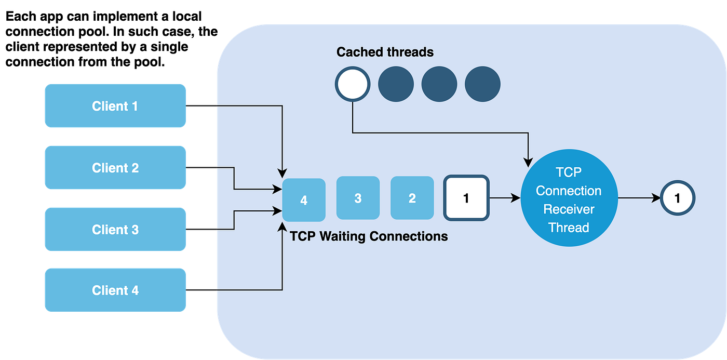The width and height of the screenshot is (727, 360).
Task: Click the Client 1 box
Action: pyautogui.click(x=115, y=106)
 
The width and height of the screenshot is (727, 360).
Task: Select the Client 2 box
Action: pyautogui.click(x=115, y=168)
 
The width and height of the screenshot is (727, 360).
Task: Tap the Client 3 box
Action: pyautogui.click(x=115, y=230)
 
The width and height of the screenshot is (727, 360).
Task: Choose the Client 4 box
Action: pyautogui.click(x=115, y=290)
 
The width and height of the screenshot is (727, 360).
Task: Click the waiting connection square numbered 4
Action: pyautogui.click(x=304, y=200)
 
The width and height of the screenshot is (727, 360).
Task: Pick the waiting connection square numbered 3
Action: pyautogui.click(x=358, y=198)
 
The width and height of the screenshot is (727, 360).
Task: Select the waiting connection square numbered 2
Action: pyautogui.click(x=412, y=198)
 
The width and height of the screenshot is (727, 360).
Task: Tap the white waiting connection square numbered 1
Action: pyautogui.click(x=466, y=198)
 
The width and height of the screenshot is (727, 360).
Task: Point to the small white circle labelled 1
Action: pyautogui.click(x=677, y=198)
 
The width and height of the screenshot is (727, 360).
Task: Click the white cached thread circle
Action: pyautogui.click(x=353, y=84)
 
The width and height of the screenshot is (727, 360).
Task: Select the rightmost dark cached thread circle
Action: pyautogui.click(x=482, y=84)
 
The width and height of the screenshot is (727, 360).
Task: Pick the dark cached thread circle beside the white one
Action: pyautogui.click(x=396, y=84)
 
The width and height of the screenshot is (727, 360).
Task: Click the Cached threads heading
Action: pyautogui.click(x=385, y=52)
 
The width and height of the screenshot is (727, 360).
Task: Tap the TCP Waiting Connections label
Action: pyautogui.click(x=369, y=236)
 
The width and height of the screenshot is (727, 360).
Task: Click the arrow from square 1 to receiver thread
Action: pyautogui.click(x=505, y=198)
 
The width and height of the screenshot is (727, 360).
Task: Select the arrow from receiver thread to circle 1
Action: pyautogui.click(x=639, y=198)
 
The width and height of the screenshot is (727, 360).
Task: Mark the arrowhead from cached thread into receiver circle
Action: pyautogui.click(x=529, y=162)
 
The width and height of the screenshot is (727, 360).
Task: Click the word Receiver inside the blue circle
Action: pyautogui.click(x=569, y=209)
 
